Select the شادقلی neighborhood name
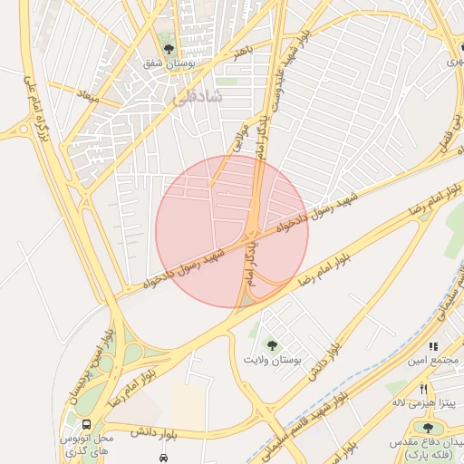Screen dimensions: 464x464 [x=193, y=103]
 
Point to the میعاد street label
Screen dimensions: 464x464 [x=88, y=94]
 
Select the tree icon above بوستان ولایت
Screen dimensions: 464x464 [x=270, y=344]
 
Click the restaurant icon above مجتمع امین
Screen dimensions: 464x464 [x=433, y=346]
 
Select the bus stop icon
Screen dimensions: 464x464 [x=86, y=423]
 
